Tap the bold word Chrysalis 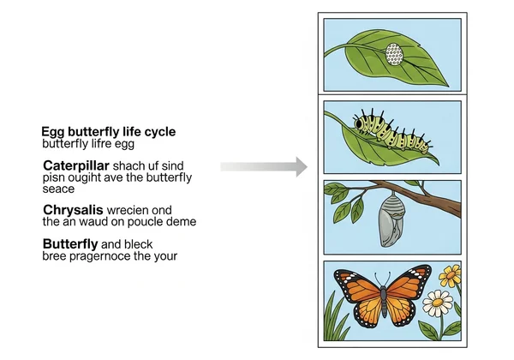[75, 208]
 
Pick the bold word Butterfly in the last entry [72, 243]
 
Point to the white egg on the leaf [393, 55]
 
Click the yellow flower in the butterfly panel [449, 276]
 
